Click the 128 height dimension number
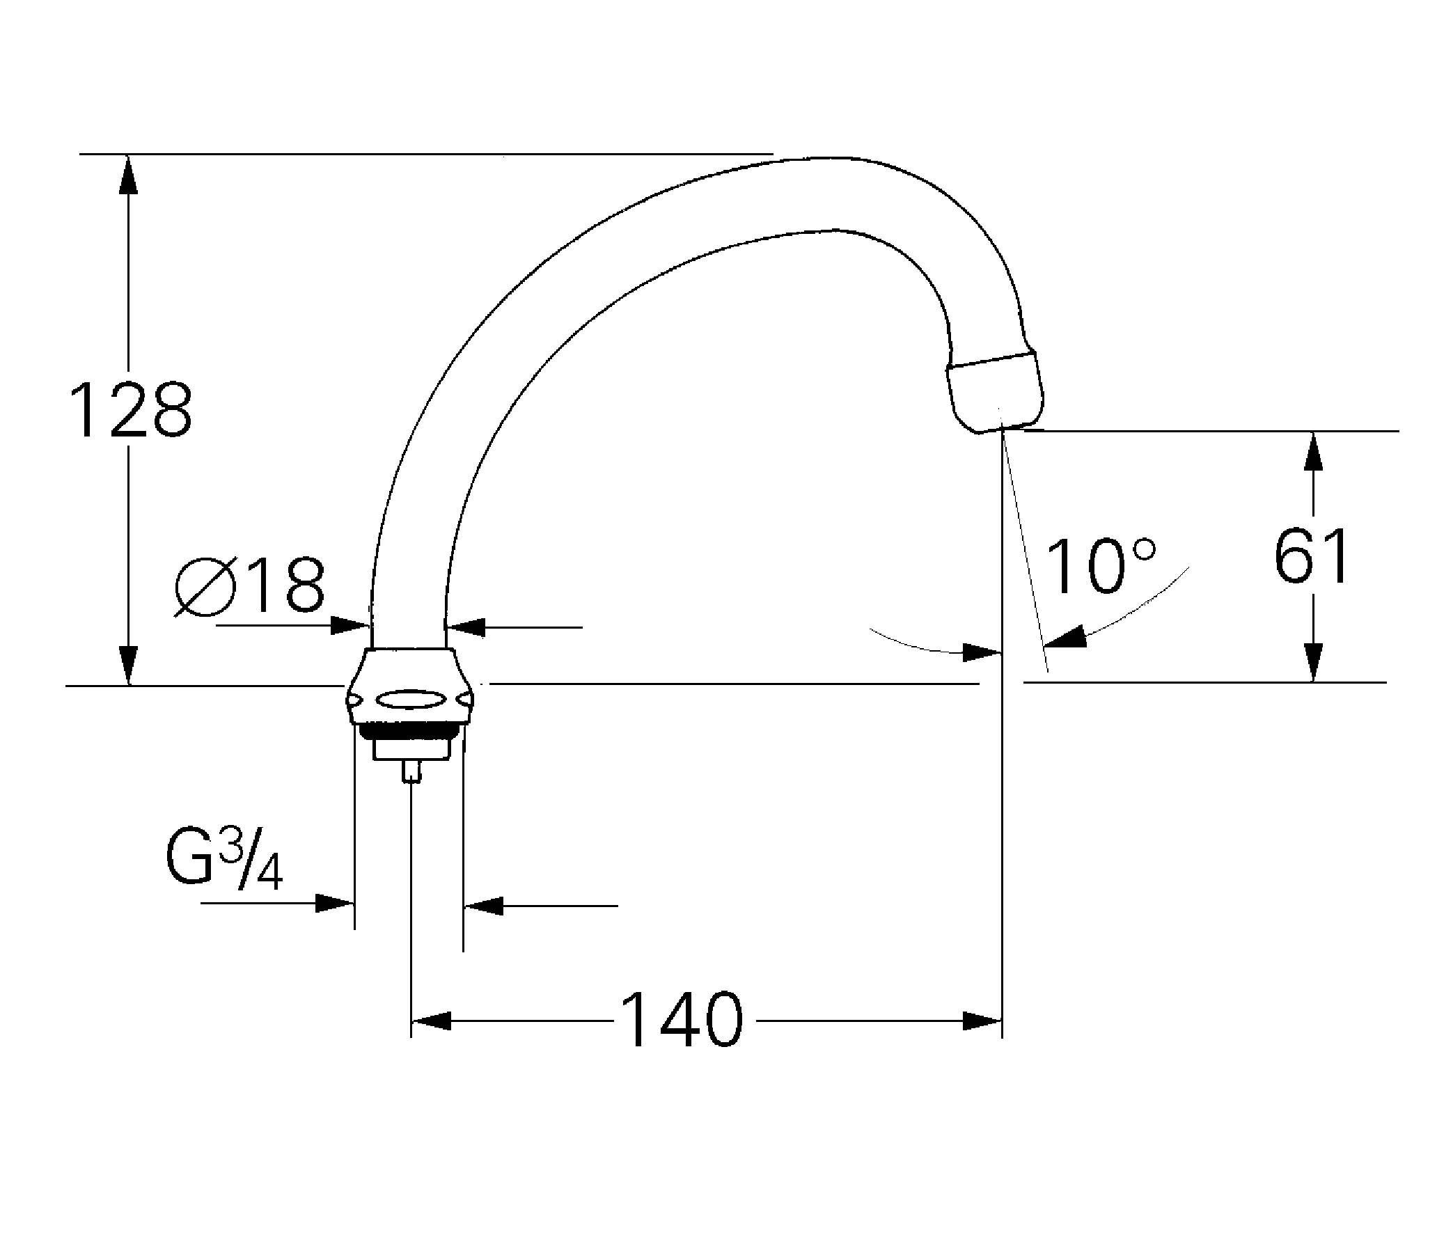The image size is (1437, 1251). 131,411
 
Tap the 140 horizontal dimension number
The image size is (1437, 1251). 682,1020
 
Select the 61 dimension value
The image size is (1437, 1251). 1311,556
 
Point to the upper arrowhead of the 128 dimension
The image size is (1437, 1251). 127,175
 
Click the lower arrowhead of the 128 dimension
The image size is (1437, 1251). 127,665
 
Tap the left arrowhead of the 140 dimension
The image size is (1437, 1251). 432,1021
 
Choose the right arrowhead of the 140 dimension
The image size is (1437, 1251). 981,1021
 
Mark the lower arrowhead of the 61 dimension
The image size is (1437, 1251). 1314,662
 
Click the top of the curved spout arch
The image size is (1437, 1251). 831,161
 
